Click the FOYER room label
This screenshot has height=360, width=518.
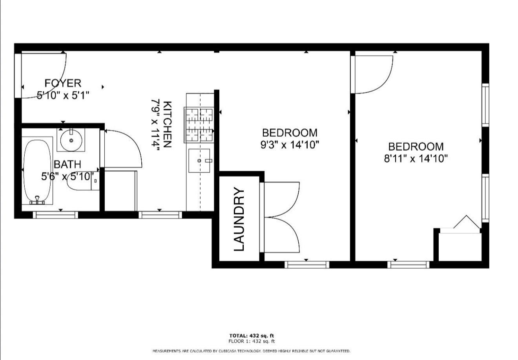click(x=63, y=83)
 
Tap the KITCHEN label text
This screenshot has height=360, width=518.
click(x=167, y=124)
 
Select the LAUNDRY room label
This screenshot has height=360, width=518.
click(x=239, y=219)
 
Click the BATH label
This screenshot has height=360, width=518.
click(x=67, y=164)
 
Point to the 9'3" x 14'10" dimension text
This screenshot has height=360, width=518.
click(x=290, y=145)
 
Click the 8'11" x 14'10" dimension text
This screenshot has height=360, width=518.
click(x=416, y=159)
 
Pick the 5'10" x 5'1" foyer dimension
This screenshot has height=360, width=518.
click(x=63, y=95)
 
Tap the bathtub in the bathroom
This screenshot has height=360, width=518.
click(x=37, y=171)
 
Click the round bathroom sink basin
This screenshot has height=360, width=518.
click(x=71, y=140)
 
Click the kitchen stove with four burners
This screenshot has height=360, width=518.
click(x=199, y=125)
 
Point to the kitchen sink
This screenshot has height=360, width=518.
click(x=199, y=161)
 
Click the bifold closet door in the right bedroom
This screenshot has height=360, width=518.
click(x=467, y=222)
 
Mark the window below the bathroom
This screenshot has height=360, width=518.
click(x=55, y=215)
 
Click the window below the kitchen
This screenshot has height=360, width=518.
click(x=160, y=215)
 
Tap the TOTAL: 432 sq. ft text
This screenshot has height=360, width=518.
click(x=252, y=336)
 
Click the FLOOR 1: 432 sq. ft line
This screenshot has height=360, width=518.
click(x=252, y=341)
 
